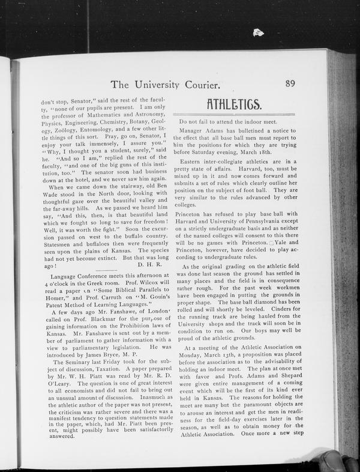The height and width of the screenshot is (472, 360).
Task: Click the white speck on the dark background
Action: tap(258, 32)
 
